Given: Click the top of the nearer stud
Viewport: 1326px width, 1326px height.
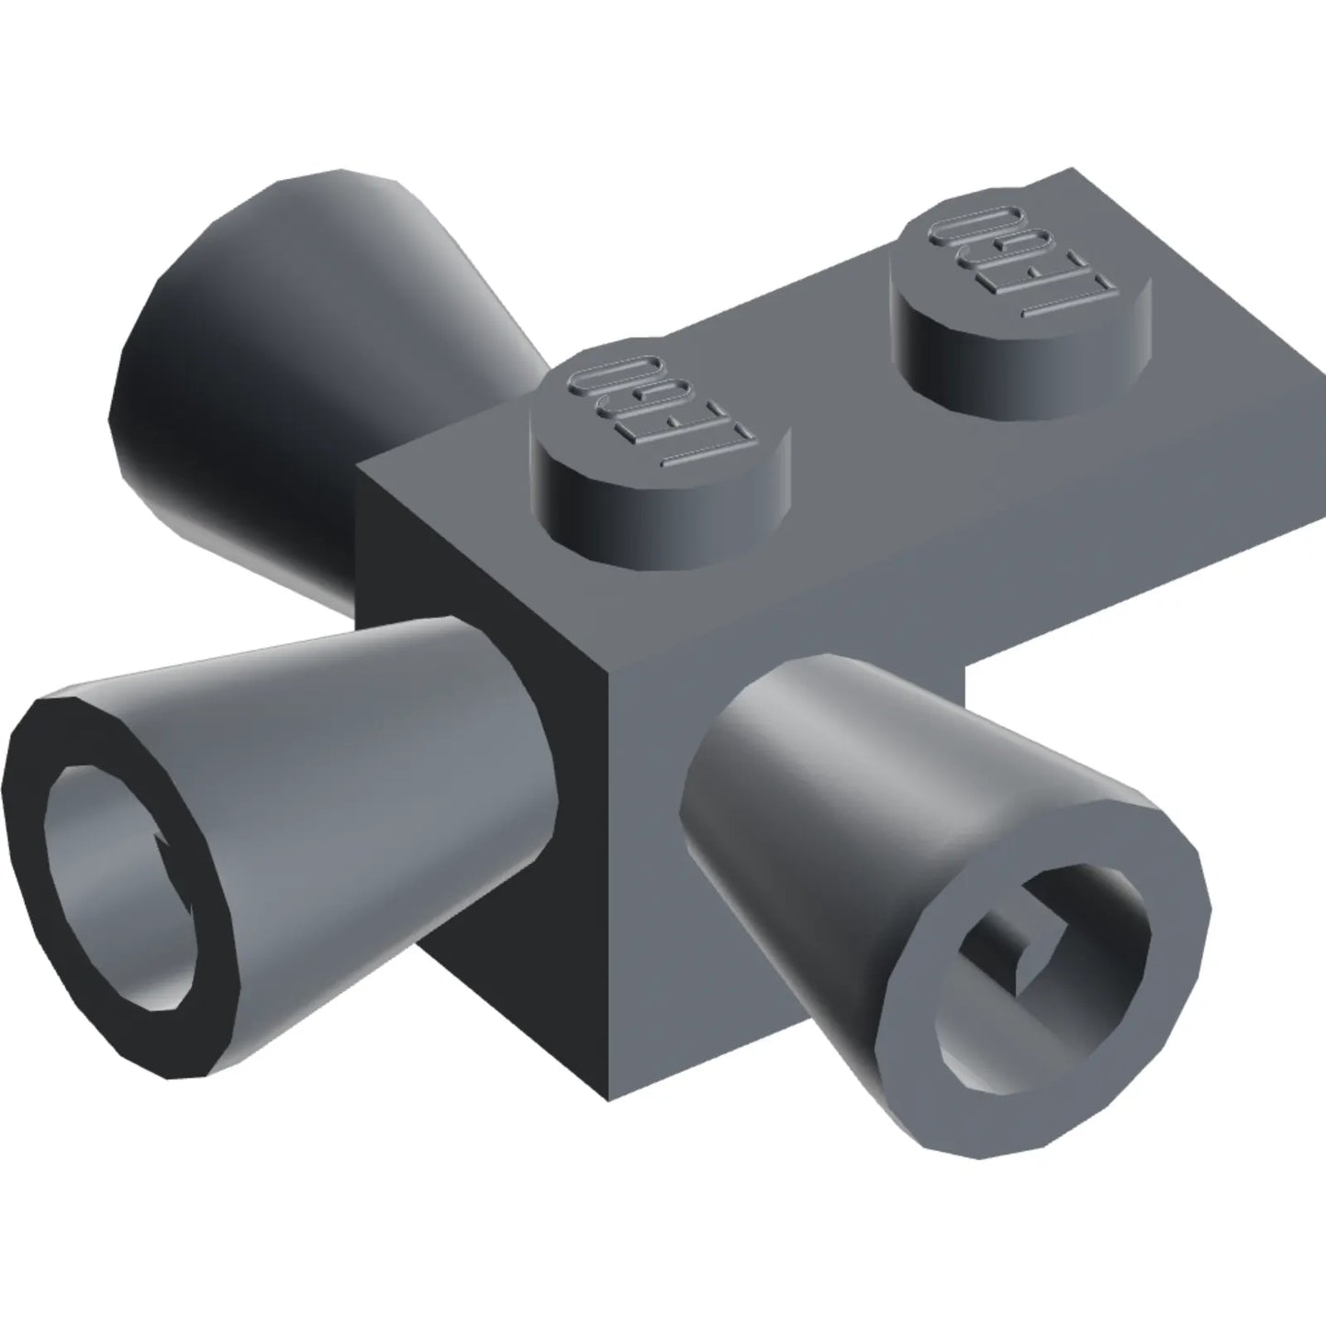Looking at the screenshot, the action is coord(661,419).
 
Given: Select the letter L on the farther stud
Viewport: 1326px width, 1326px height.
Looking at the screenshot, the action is coord(1066,300).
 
